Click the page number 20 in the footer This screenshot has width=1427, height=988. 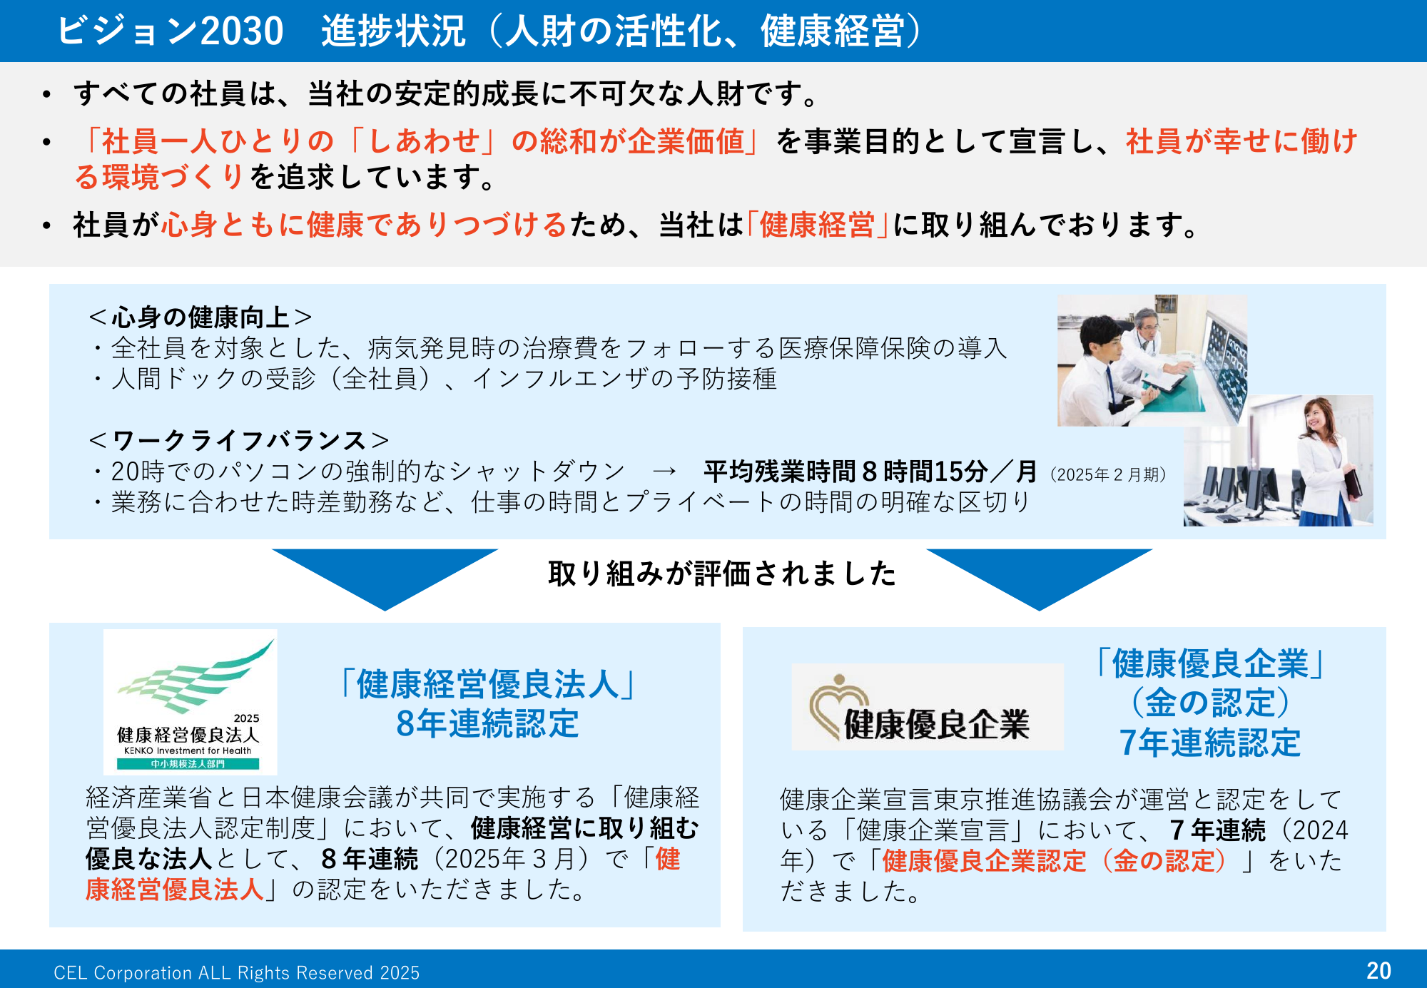(1378, 971)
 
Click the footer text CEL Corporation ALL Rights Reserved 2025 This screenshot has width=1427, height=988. (237, 973)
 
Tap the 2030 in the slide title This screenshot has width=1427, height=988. (242, 31)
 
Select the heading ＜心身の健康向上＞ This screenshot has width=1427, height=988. (200, 317)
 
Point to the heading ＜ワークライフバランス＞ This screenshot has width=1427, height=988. (239, 441)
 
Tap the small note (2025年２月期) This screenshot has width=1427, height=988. (1108, 474)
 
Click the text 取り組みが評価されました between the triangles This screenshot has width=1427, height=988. (722, 574)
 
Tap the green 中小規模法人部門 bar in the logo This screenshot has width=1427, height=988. (188, 764)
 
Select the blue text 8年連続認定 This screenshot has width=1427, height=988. (487, 723)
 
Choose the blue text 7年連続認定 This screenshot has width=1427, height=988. (1210, 743)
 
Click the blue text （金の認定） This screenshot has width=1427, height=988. (1210, 703)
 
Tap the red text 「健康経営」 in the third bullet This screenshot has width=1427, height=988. (818, 225)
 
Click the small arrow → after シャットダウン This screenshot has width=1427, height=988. (664, 472)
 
